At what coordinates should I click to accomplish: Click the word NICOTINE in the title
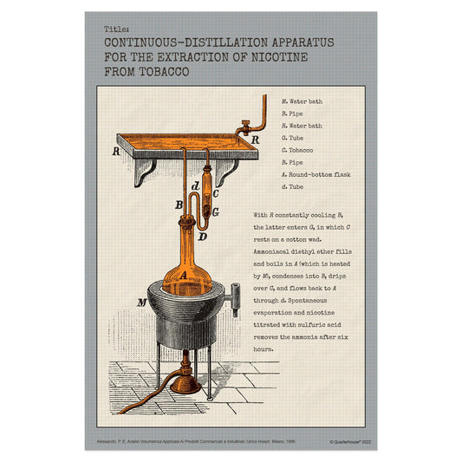[281, 56]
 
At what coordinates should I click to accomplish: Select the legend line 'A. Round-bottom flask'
[317, 174]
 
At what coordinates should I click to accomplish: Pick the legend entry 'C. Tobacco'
[298, 150]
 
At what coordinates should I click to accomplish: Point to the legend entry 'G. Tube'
[294, 138]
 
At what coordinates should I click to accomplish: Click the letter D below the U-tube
[202, 236]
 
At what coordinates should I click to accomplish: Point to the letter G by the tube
[215, 211]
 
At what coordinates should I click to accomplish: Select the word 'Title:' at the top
[115, 28]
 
